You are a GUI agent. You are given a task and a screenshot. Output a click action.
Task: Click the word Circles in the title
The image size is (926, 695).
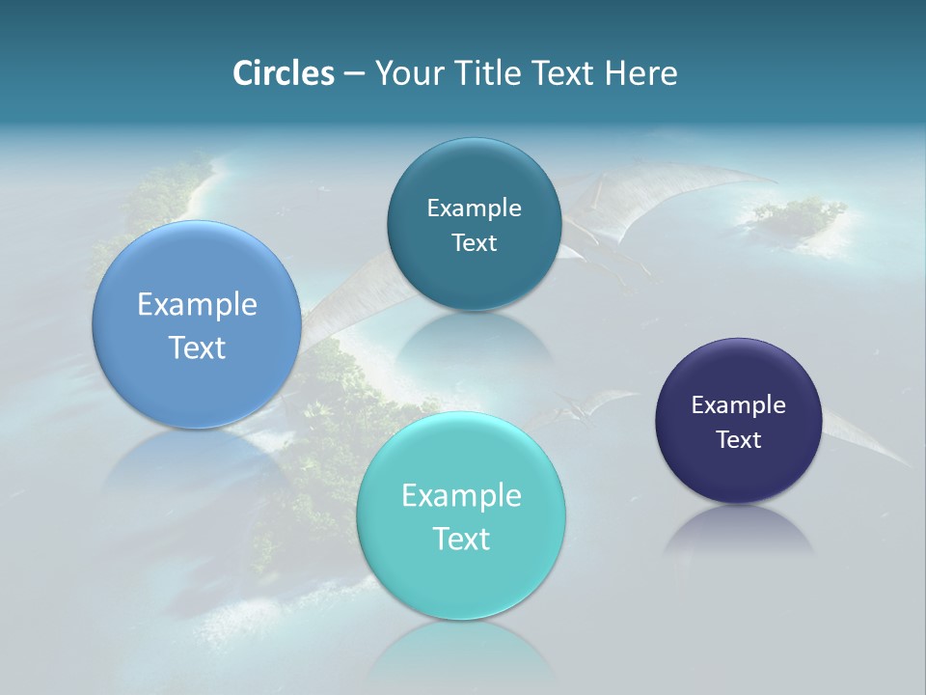[283, 73]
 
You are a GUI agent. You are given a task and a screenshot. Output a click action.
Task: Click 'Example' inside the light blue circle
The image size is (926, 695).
[197, 305]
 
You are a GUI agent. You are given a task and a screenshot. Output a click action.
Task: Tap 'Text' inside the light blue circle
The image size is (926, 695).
[197, 347]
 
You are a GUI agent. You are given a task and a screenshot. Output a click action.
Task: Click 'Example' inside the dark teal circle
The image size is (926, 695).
[474, 208]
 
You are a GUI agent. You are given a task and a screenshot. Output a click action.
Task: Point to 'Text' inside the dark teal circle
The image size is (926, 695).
[474, 243]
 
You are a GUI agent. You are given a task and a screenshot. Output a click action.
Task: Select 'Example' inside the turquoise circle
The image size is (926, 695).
[461, 495]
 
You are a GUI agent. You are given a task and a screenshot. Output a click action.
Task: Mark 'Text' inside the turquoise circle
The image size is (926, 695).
[461, 539]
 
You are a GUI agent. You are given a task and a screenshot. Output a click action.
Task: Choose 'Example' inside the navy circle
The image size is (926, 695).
[738, 404]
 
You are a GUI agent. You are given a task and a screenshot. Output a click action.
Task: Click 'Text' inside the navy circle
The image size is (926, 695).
[738, 440]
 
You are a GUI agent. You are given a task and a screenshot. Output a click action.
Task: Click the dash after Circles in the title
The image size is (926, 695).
[353, 74]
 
